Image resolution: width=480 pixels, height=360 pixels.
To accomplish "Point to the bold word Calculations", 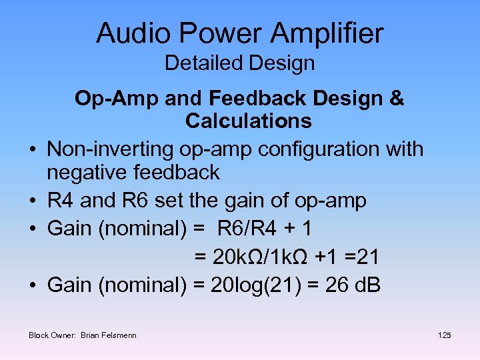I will point(249,121).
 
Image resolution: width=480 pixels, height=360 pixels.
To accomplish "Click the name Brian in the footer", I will point(93,335).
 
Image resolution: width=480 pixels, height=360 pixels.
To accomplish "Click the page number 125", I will point(445,335).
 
